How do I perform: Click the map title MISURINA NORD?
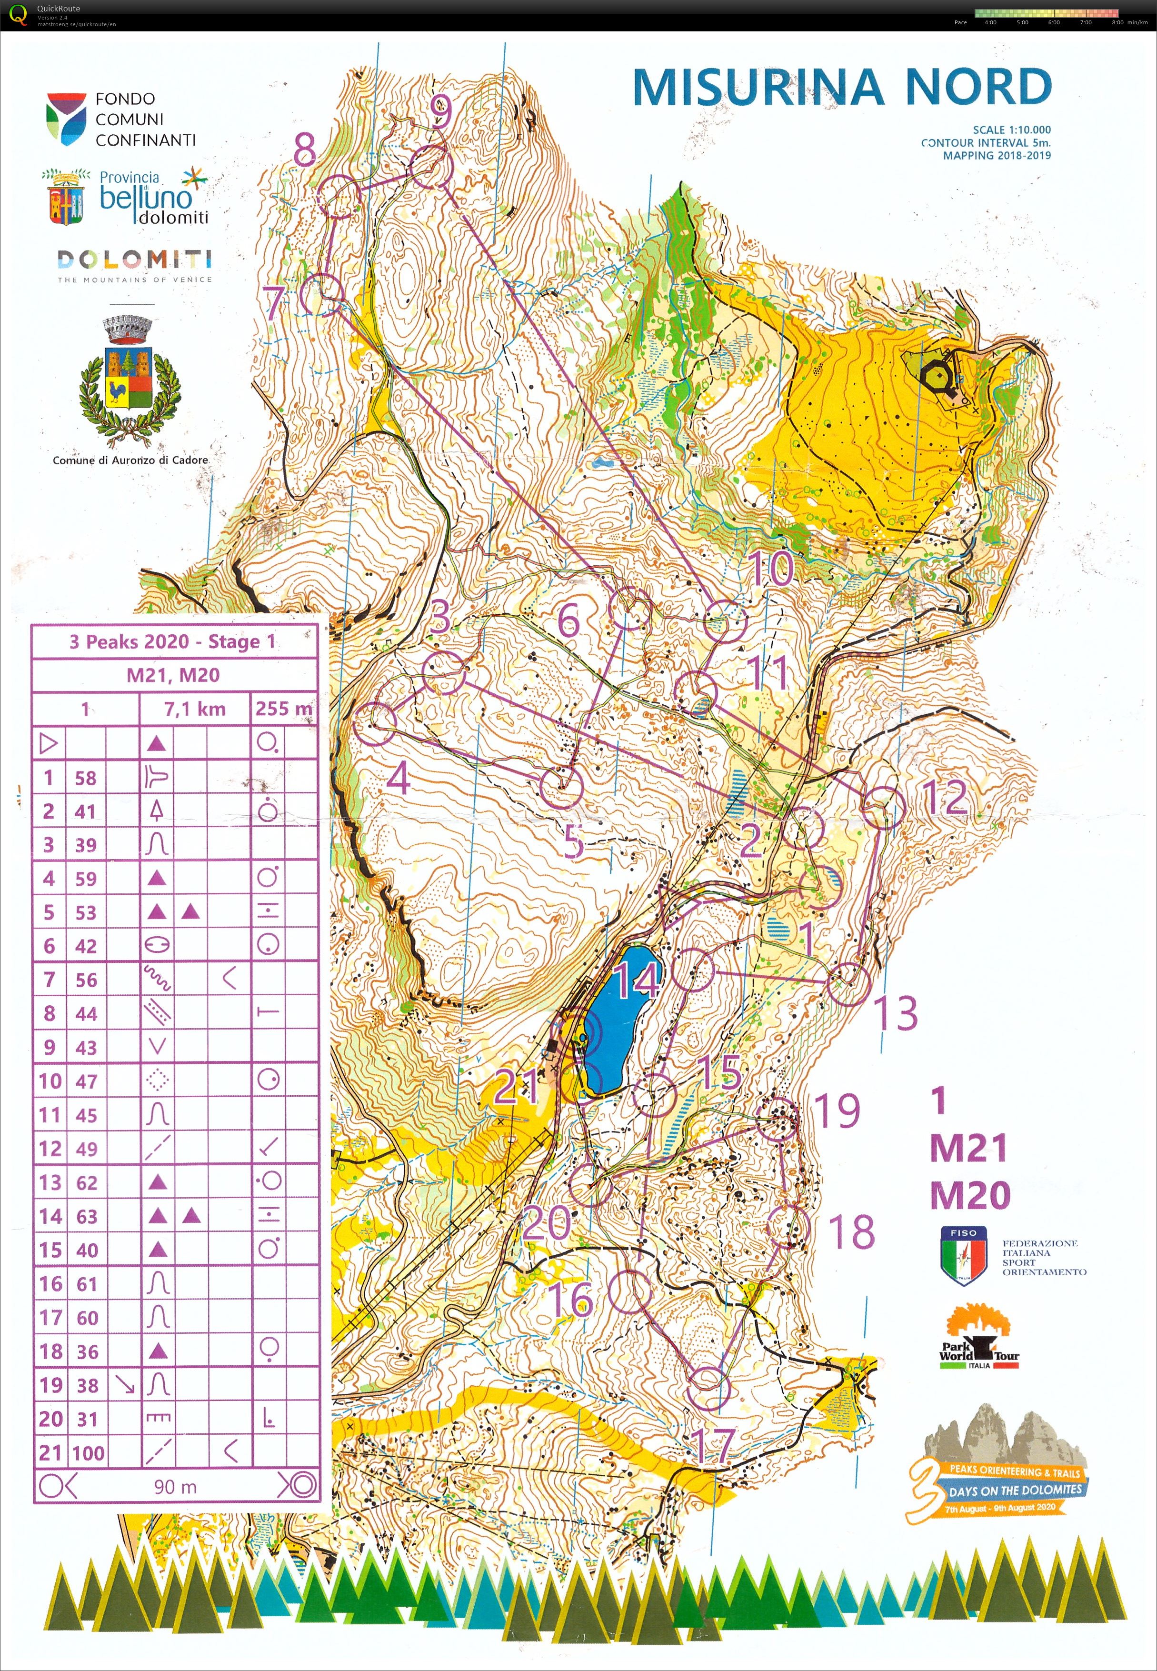(842, 87)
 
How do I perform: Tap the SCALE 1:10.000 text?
(1011, 130)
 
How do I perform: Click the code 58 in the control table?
(86, 778)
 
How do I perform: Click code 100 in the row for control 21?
(88, 1453)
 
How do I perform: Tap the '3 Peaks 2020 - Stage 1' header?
(172, 641)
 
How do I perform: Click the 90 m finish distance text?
(175, 1486)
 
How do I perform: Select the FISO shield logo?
(963, 1256)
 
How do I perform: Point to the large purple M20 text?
(970, 1195)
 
